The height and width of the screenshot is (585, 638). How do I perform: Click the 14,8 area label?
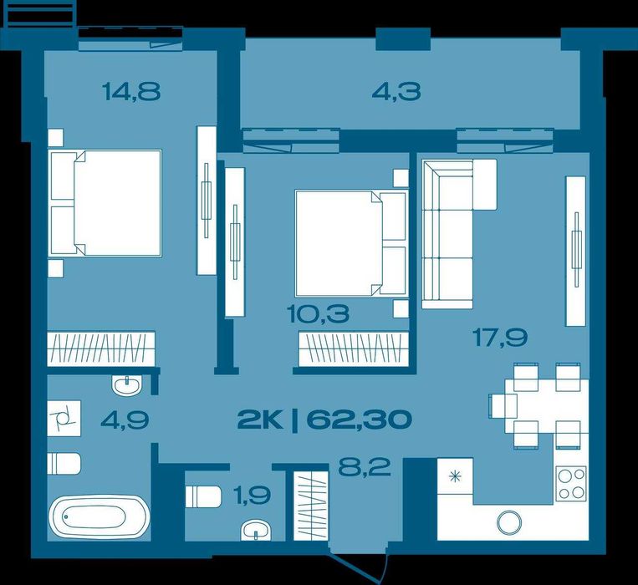pos(131,91)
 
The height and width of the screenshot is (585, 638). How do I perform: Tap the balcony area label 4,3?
pos(396,91)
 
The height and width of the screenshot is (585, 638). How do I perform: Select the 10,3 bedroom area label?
pos(318,314)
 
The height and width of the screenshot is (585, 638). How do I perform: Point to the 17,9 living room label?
pos(500,338)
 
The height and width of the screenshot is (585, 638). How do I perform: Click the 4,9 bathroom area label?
pos(125,420)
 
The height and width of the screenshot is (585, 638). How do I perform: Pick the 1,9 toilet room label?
pos(252,495)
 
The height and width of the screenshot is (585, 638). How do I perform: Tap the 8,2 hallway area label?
pos(365,467)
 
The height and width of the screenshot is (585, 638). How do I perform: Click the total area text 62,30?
pos(359,420)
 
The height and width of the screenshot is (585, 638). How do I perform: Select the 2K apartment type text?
pos(260,420)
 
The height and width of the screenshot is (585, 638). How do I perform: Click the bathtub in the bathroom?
pos(100,516)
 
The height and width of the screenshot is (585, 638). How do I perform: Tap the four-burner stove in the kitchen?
pos(572,483)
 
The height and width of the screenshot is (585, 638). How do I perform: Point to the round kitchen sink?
pos(509,521)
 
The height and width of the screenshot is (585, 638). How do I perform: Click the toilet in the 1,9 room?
pos(203,496)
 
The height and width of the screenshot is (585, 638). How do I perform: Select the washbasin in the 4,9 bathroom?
pos(127,385)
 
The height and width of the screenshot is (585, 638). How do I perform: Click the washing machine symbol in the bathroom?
pos(64,419)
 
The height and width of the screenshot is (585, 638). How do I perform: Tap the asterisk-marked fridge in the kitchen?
pos(456,476)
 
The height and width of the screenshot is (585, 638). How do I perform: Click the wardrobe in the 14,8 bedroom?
pos(101,348)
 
